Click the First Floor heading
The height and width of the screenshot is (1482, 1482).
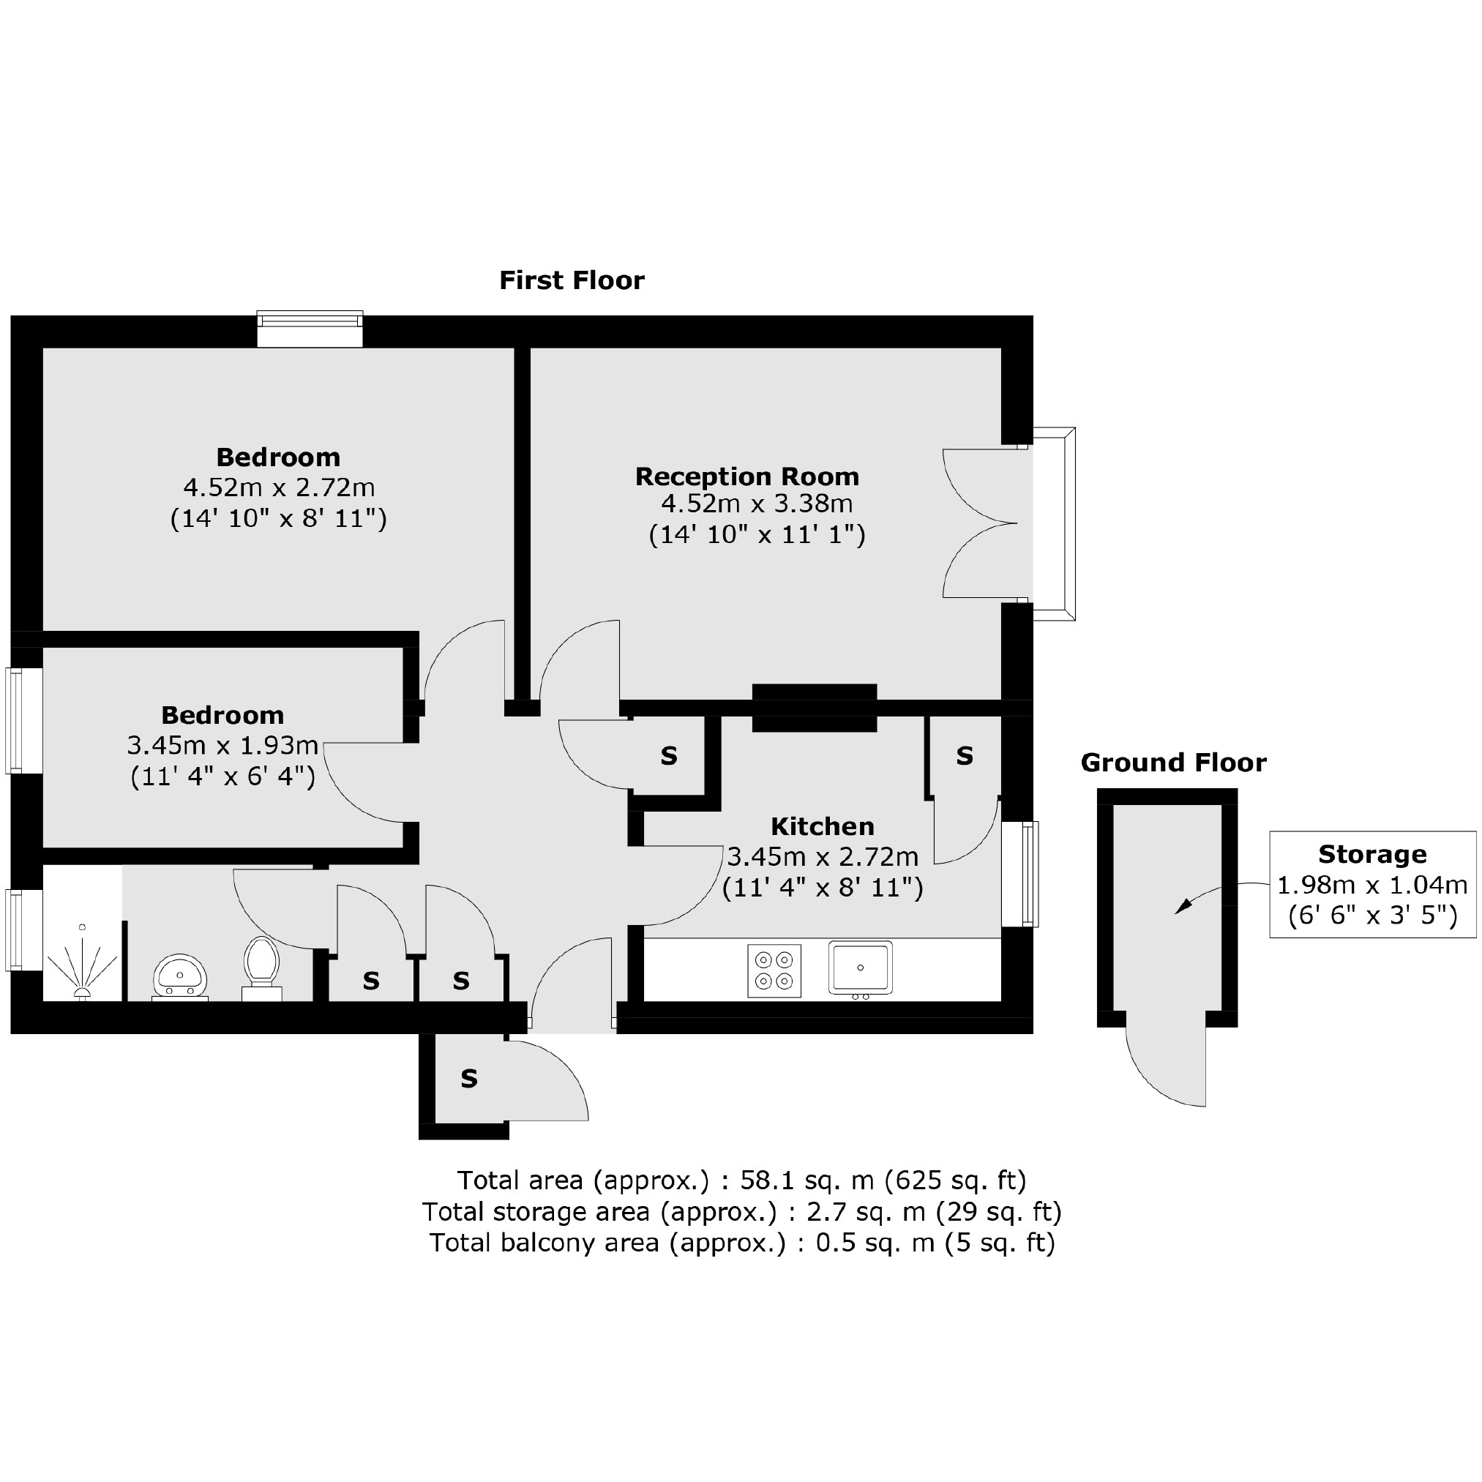coord(572,281)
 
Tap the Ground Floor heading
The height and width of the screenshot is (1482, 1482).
coord(1173,763)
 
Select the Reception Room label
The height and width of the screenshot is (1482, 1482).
coord(746,476)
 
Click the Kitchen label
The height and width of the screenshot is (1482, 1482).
coord(823,826)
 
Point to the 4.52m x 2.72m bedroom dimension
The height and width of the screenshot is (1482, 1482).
coord(278,488)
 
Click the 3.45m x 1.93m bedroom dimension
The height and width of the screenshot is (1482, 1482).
coord(222,745)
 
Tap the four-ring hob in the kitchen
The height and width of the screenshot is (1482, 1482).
coord(774,970)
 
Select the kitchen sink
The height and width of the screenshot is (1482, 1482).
coord(860,968)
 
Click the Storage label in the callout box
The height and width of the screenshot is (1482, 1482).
coord(1371,854)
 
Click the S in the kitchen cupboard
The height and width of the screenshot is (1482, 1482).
coord(965,756)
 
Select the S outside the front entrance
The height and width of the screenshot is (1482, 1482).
coord(468,1079)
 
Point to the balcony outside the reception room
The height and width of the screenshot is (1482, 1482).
coord(1054,523)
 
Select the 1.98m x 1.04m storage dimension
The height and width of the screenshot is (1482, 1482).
coord(1371,886)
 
